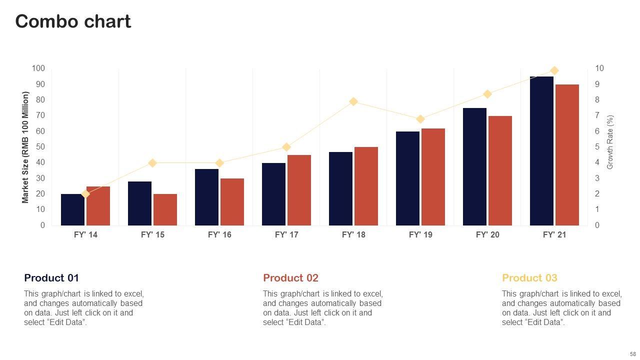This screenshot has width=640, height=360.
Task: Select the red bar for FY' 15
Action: [165, 209]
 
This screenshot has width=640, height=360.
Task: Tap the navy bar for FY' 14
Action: [72, 209]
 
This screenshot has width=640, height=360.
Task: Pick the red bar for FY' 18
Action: [366, 186]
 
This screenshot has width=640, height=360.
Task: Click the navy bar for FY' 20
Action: [474, 166]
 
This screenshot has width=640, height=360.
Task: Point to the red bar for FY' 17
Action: [299, 190]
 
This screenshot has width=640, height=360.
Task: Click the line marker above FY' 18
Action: [353, 101]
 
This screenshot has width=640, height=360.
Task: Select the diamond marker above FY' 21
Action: [554, 70]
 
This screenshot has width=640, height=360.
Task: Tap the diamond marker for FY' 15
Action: [152, 163]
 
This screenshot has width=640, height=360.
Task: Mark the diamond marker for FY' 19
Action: [420, 119]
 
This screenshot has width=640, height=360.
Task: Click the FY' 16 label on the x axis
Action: [219, 234]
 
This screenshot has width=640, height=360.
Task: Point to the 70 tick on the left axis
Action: [40, 115]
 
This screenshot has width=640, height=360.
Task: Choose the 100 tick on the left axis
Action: [38, 68]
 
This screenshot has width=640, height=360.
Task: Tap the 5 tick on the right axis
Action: [597, 147]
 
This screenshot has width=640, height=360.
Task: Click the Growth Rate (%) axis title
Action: [610, 142]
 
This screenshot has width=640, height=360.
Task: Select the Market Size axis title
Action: [25, 147]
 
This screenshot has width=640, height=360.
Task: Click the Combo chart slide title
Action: [73, 21]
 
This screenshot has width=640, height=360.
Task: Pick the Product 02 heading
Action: [290, 278]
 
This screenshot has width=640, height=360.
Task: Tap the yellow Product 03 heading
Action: [529, 278]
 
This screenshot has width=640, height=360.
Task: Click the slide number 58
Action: [632, 354]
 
